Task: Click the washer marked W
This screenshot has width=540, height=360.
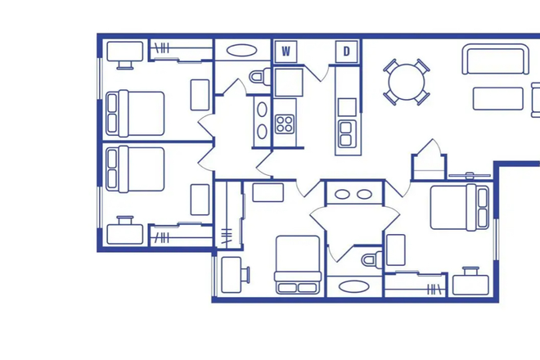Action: click(x=286, y=52)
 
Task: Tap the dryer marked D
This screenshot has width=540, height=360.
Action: click(x=346, y=52)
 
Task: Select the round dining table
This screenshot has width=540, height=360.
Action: click(x=407, y=82)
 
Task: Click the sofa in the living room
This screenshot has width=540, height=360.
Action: click(x=495, y=59)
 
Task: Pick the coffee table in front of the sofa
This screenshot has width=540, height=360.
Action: click(x=498, y=98)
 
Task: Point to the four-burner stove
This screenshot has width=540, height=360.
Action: click(x=285, y=124)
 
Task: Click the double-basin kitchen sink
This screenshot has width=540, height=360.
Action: click(x=345, y=133)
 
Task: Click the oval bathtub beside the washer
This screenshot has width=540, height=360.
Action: click(x=241, y=50)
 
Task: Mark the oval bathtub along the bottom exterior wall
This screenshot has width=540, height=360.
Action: click(x=354, y=286)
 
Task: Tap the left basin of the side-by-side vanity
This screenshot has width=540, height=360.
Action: click(x=342, y=194)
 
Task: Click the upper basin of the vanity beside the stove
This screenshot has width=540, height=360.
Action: click(x=262, y=109)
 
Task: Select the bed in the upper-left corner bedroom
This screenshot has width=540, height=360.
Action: click(x=135, y=114)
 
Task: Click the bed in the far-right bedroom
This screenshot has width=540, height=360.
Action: click(x=460, y=207)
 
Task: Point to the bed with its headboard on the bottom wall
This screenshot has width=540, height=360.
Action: click(x=298, y=264)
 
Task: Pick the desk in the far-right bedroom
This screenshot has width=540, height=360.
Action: click(x=470, y=281)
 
